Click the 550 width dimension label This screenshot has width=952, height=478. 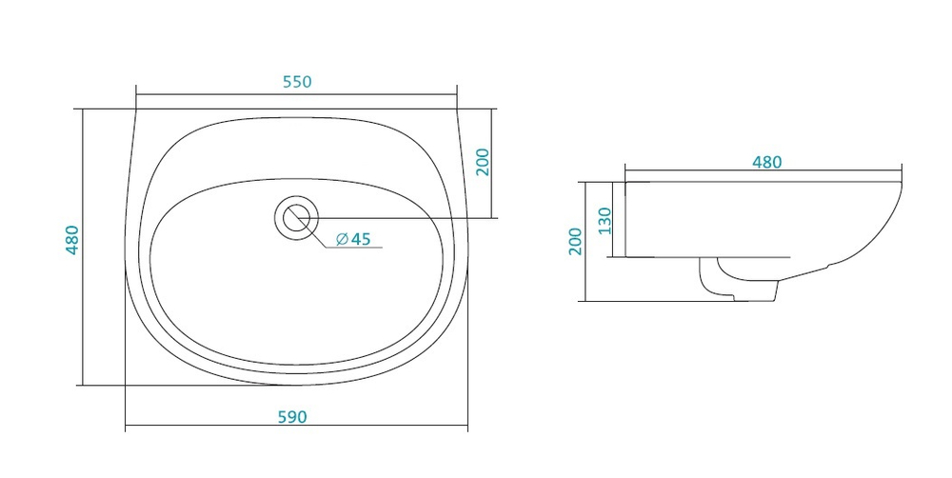click(297, 82)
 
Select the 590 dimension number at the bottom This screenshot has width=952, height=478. click(292, 417)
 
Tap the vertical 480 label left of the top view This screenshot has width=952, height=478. click(72, 240)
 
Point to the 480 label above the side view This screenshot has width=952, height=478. click(766, 162)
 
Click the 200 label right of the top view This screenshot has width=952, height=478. click(483, 162)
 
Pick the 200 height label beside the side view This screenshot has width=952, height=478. click(576, 242)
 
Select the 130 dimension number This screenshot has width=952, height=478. click(605, 221)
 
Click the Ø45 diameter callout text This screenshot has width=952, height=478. click(353, 239)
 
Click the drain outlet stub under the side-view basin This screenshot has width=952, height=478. click(739, 279)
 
